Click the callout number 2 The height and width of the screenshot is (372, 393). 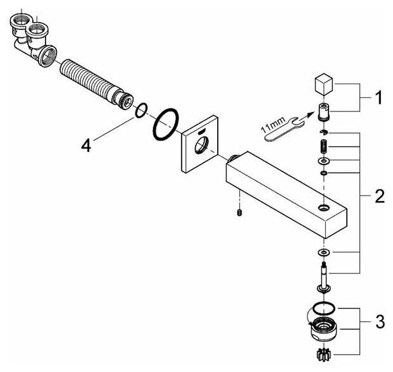pyautogui.click(x=379, y=197)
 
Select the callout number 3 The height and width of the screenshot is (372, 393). pyautogui.click(x=378, y=322)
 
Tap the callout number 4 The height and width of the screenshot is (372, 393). pyautogui.click(x=87, y=145)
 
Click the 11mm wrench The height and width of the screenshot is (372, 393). pyautogui.click(x=279, y=129)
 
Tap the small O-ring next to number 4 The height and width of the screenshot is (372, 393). pyautogui.click(x=141, y=111)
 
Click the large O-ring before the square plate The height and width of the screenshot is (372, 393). pyautogui.click(x=166, y=125)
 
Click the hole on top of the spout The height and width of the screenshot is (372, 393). pyautogui.click(x=323, y=207)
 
